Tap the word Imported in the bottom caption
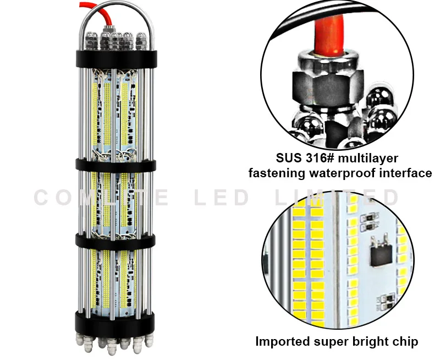click(282, 341)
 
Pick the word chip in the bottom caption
click(404, 342)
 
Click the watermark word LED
click(222, 197)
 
